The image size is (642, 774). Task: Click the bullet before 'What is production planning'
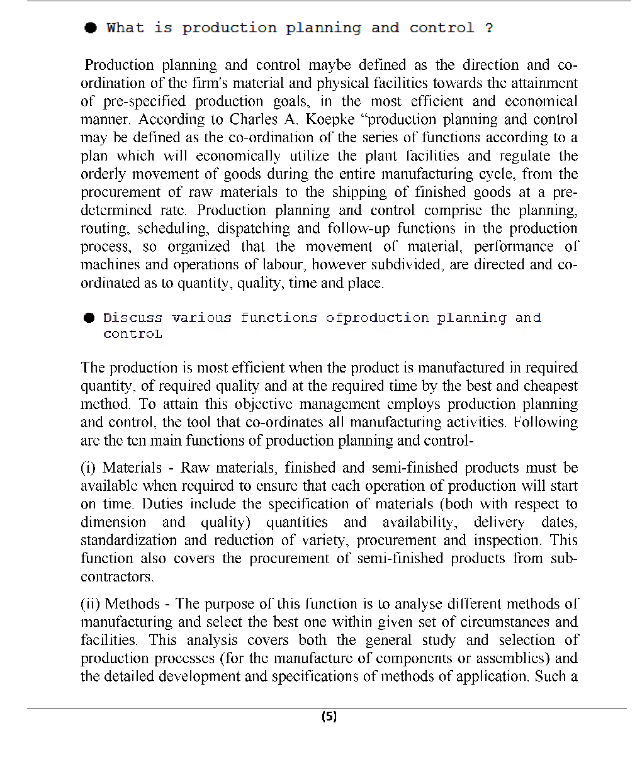coord(91,28)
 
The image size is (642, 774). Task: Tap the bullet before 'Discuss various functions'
coord(91,318)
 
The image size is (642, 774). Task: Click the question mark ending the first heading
coord(489,28)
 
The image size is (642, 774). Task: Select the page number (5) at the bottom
coord(329,716)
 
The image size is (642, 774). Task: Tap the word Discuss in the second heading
coord(133,318)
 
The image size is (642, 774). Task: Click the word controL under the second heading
coord(132,334)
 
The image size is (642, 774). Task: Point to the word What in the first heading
coord(125,28)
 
